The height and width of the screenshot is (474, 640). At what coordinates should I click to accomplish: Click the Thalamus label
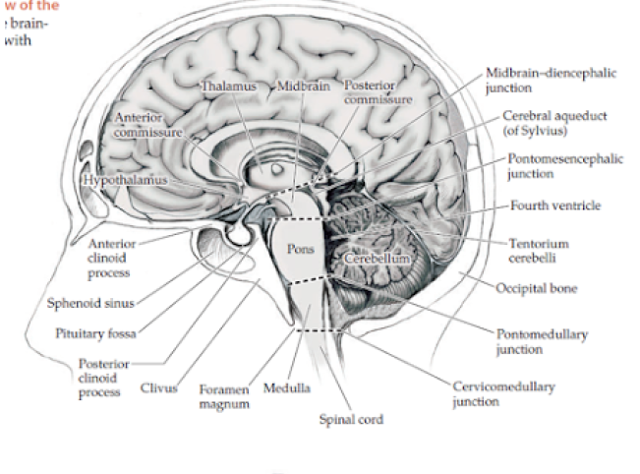click(229, 87)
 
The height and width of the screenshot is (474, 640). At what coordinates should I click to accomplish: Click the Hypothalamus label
click(126, 181)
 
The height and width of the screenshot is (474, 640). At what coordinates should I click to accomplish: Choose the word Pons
click(301, 248)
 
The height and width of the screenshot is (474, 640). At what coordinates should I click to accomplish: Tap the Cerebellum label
click(378, 258)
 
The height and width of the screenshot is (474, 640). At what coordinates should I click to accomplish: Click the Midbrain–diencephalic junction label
click(536, 80)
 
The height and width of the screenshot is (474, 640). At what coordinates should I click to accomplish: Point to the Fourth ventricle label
click(555, 207)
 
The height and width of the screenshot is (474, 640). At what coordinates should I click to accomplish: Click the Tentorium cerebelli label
click(539, 250)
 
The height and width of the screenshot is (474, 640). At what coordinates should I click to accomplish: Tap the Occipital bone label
click(537, 289)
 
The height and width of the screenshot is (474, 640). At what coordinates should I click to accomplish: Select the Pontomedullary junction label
click(543, 342)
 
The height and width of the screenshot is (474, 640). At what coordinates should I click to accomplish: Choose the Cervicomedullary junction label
click(505, 393)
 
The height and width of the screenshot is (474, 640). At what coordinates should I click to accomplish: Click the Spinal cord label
click(351, 420)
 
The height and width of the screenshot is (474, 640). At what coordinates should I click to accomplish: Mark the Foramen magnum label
click(224, 396)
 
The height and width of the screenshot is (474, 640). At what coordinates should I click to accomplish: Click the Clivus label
click(158, 388)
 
